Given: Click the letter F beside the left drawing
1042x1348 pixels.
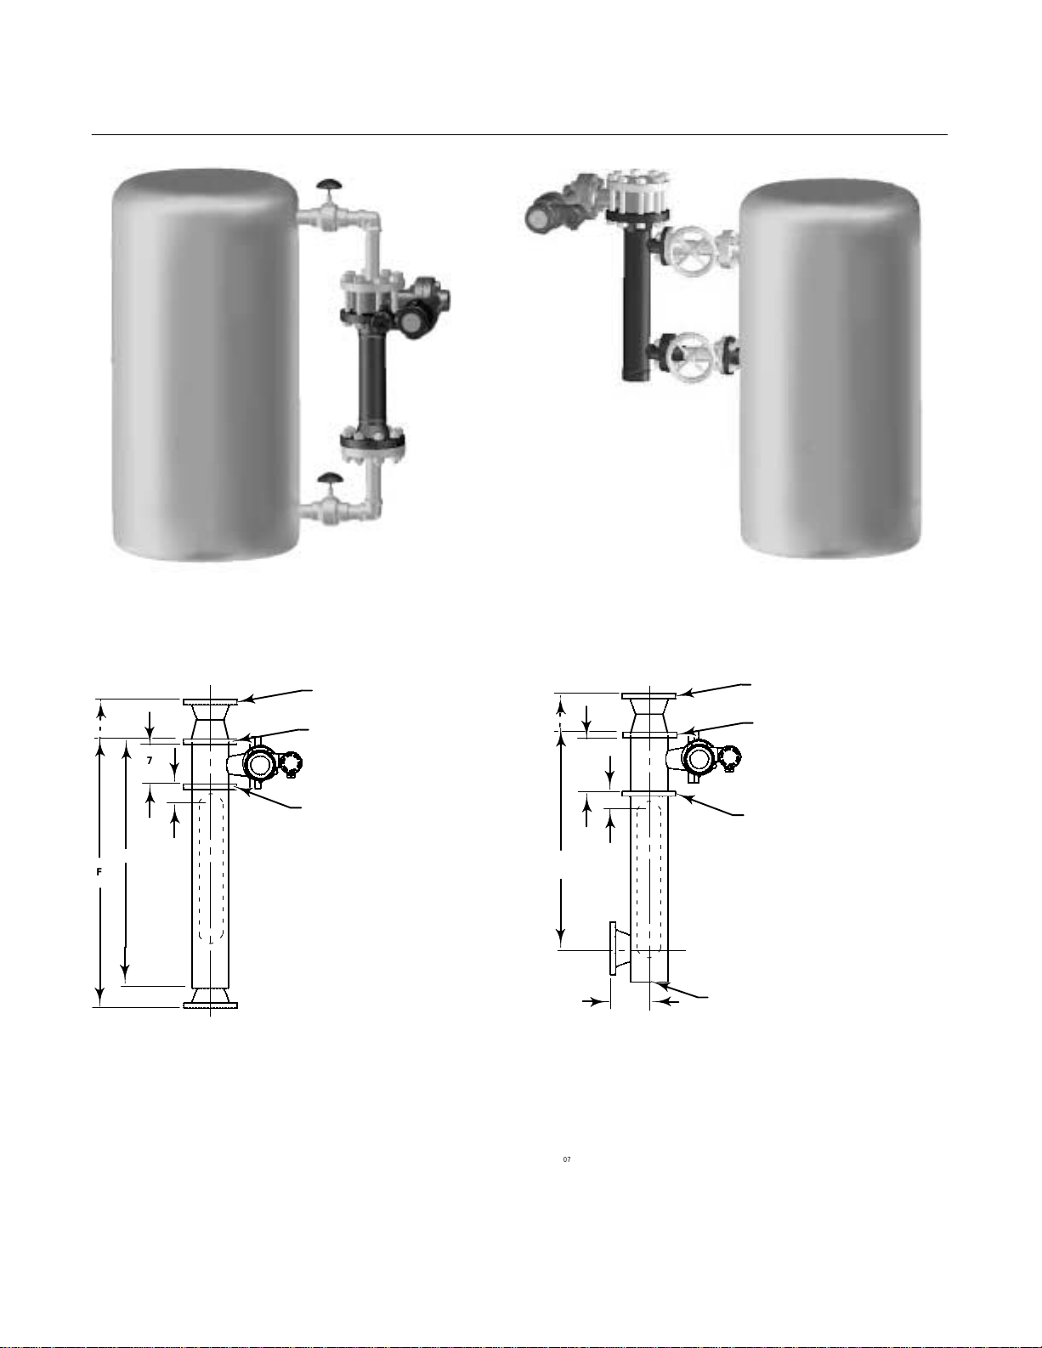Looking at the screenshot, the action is pyautogui.click(x=99, y=871).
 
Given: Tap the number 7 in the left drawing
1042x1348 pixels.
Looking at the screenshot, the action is pyautogui.click(x=150, y=760).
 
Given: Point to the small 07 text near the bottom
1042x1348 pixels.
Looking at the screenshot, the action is pyautogui.click(x=567, y=1158).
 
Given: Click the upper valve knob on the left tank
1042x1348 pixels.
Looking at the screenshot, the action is pyautogui.click(x=330, y=184).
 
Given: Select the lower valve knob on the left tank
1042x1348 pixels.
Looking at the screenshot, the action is pyautogui.click(x=330, y=477).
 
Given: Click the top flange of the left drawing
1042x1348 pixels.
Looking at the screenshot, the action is pyautogui.click(x=210, y=701).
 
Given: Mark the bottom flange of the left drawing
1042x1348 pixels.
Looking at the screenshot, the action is pyautogui.click(x=210, y=1005).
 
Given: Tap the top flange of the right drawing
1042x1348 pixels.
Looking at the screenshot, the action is pyautogui.click(x=648, y=696).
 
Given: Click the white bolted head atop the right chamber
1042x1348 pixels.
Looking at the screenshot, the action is pyautogui.click(x=637, y=191).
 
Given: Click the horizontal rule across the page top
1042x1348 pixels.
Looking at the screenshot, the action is pyautogui.click(x=520, y=134).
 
